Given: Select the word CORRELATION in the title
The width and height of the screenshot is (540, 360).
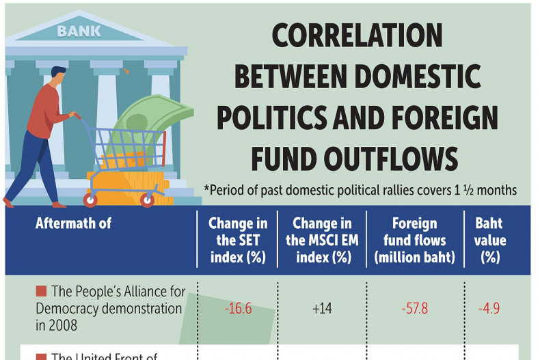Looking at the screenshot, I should tap(357, 36).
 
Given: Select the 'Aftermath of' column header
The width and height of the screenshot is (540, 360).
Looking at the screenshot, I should tap(72, 223).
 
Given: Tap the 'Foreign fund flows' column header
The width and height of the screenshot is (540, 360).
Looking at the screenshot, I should tap(414, 240).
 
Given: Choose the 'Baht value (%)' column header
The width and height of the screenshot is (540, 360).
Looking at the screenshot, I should tap(489, 240).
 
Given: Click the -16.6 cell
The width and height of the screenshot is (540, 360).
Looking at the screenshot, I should tap(238, 309).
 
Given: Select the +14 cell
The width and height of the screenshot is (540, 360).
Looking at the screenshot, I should tap(321, 309).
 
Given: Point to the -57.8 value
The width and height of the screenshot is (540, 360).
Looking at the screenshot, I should tap(414, 309).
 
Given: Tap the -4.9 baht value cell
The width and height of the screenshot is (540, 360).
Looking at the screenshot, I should tap(489, 309).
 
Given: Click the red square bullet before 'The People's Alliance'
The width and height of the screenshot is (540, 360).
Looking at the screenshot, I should tap(41, 292).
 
